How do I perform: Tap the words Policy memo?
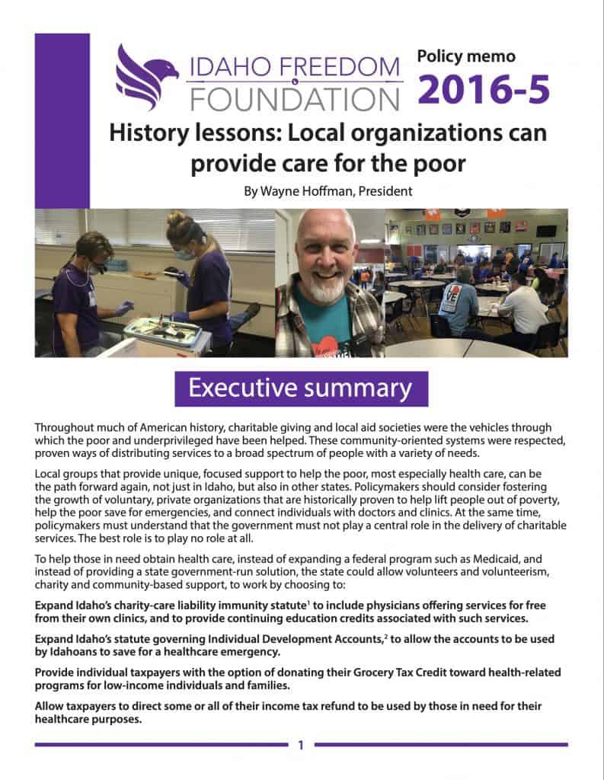pos(466,56)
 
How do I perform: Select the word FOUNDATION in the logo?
pos(294,97)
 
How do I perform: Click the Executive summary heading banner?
pos(301,388)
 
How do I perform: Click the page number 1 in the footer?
pos(302,745)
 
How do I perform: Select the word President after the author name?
pos(387,191)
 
